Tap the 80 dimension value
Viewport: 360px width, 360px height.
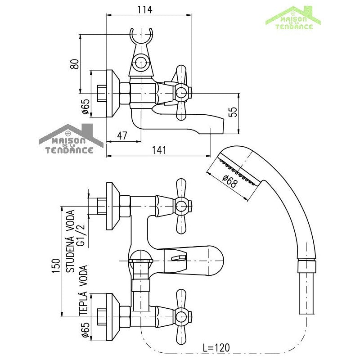coord(75,64)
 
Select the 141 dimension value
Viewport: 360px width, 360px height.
coord(159,150)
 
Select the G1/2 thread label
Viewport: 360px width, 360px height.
coord(81,236)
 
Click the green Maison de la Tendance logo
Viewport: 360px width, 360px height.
coord(294,18)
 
